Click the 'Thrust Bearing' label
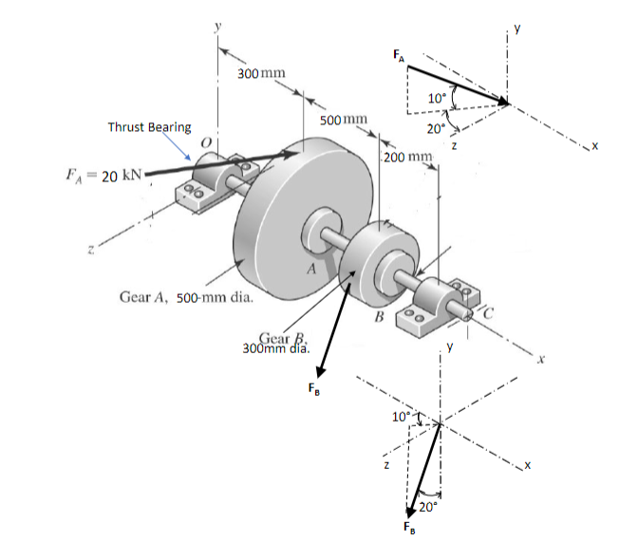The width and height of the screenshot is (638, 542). click(149, 127)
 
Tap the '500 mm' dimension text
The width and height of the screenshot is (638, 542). click(343, 120)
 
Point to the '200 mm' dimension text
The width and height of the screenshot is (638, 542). click(409, 155)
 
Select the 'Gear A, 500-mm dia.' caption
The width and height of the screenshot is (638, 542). click(185, 297)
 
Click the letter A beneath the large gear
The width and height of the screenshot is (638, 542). click(308, 270)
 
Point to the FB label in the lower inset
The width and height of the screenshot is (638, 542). click(408, 528)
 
